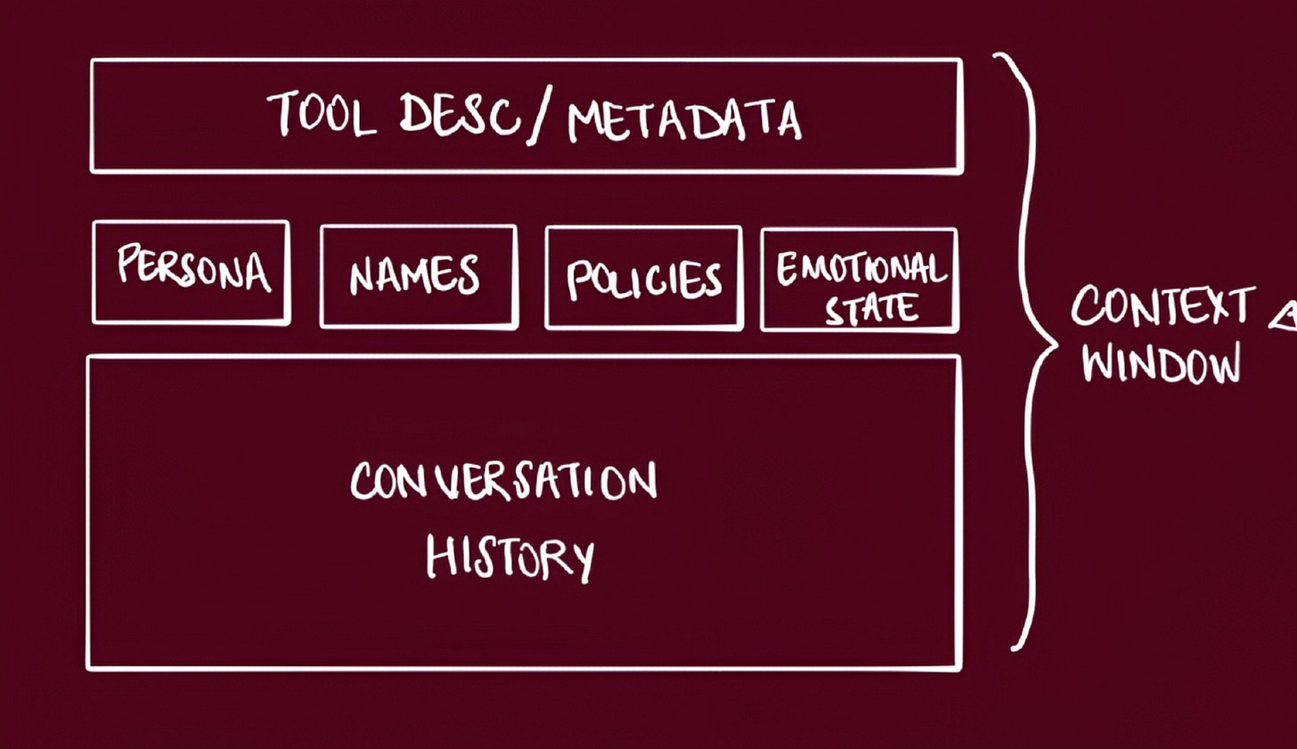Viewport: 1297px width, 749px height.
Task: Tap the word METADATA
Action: click(684, 121)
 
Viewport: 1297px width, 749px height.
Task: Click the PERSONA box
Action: click(191, 272)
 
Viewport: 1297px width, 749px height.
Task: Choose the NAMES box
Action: click(418, 276)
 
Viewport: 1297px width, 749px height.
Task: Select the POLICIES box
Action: click(643, 279)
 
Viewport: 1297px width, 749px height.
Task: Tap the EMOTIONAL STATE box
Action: click(860, 280)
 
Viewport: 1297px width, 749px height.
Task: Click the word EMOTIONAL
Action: click(860, 266)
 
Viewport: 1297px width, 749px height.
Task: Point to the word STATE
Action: click(871, 309)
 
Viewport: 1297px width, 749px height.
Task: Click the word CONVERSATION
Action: click(503, 481)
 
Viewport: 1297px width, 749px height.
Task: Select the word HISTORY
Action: click(510, 557)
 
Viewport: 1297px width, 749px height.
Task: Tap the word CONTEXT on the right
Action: click(1162, 307)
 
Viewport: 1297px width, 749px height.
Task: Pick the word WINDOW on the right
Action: click(1161, 363)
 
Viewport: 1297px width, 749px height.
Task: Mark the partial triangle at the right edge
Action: click(1285, 317)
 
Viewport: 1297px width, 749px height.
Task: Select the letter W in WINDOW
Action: click(1102, 362)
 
